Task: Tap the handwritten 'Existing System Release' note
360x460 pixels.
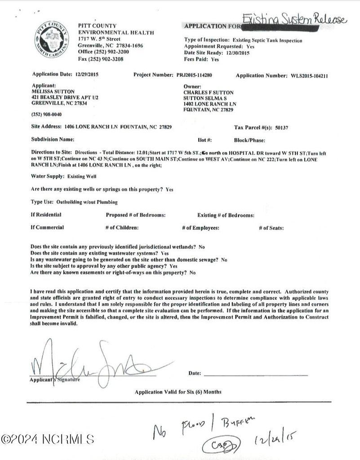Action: pyautogui.click(x=294, y=20)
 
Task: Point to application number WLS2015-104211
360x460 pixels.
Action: pyautogui.click(x=309, y=76)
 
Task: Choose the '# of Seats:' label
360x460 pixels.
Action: pyautogui.click(x=271, y=228)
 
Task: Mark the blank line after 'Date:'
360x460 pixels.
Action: pyautogui.click(x=256, y=374)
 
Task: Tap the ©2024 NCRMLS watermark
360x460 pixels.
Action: pyautogui.click(x=47, y=439)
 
